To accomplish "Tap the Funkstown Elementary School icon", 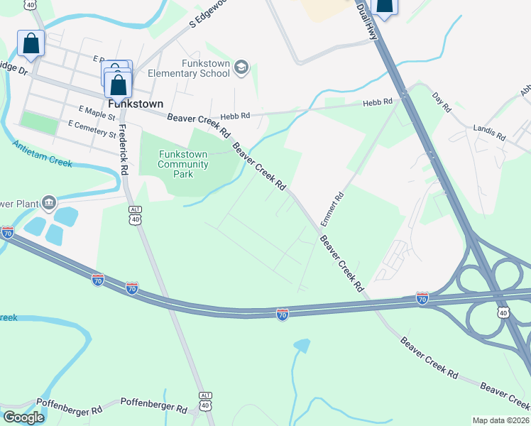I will pyautogui.click(x=241, y=67).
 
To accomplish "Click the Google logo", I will pyautogui.click(x=24, y=417).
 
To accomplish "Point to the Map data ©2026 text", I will pyautogui.click(x=501, y=420).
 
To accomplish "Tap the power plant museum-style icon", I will pyautogui.click(x=48, y=202).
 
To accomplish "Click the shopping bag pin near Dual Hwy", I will pyautogui.click(x=384, y=6).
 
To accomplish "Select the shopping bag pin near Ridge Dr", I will pyautogui.click(x=31, y=43).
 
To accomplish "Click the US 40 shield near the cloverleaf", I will pyautogui.click(x=503, y=312).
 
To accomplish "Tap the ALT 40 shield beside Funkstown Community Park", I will pyautogui.click(x=135, y=214).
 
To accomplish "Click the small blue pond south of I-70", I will pyautogui.click(x=301, y=346).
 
